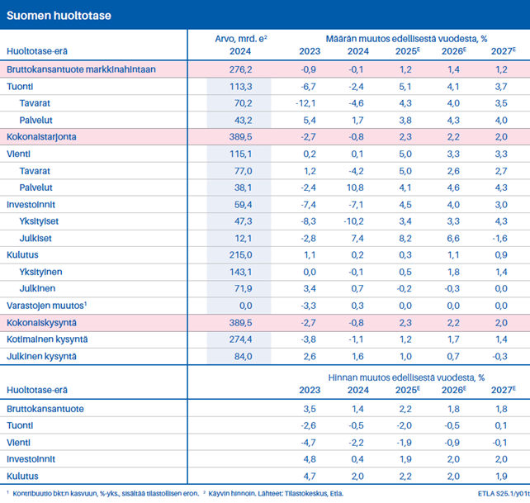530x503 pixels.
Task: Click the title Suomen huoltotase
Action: coord(60,16)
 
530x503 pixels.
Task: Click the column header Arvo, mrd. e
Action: coord(239,37)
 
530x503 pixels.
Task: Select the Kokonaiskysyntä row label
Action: coord(41,323)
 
